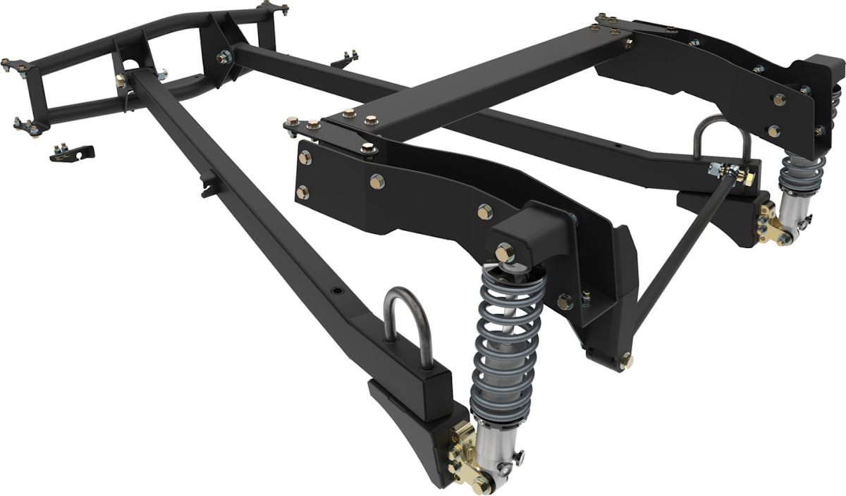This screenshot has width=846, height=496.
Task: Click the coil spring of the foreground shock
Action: [510, 338]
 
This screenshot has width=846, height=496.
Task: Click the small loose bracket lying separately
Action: [72, 152]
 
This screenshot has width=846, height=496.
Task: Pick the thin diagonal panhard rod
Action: [680, 254]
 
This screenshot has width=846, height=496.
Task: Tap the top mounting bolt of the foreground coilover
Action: [504, 252]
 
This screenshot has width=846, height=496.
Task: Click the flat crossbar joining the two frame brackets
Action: [486, 77]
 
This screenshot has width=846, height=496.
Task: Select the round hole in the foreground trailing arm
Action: [336, 290]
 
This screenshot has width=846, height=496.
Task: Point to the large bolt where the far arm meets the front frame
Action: [224, 56]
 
